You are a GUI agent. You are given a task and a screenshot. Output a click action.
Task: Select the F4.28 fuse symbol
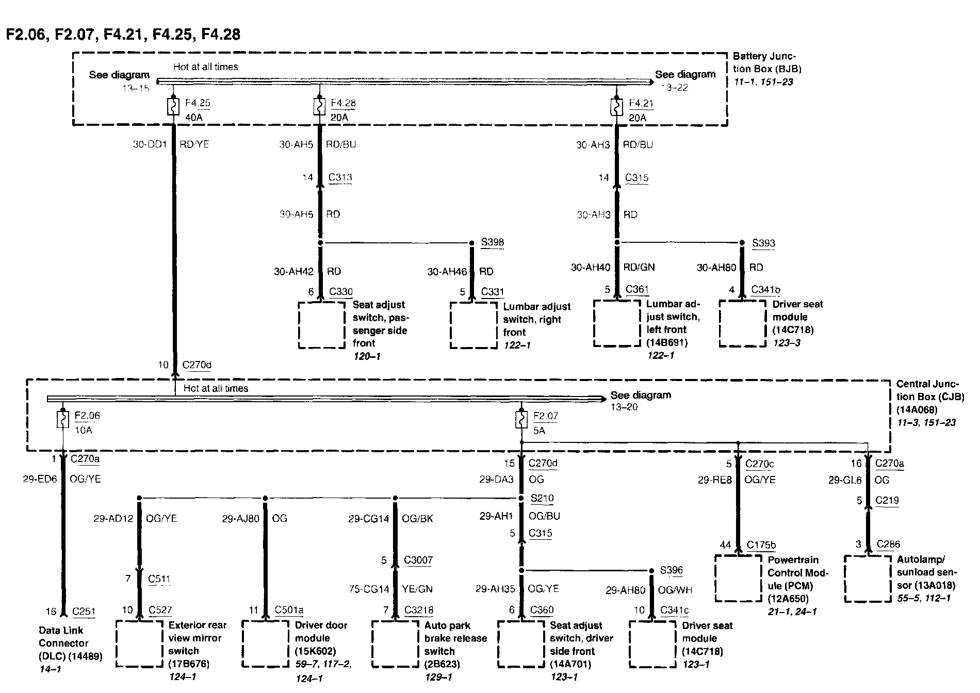point(320,107)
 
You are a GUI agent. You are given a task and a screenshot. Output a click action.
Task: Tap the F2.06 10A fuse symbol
point(63,420)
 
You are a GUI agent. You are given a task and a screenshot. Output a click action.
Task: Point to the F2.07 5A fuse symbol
point(521,420)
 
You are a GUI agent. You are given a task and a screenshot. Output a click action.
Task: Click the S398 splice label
point(493,242)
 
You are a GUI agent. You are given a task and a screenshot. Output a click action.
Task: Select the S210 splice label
point(542,499)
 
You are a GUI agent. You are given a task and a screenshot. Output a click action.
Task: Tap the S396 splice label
point(672,570)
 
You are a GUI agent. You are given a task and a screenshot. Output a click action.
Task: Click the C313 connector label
point(340,177)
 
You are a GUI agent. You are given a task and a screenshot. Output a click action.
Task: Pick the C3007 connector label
point(418,560)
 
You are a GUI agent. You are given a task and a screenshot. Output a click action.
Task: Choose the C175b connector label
point(762,544)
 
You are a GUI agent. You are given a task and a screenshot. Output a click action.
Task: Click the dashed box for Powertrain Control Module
point(738,578)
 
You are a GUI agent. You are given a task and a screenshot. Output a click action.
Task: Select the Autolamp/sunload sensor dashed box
point(868,578)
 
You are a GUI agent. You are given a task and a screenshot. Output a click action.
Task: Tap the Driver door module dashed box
point(265,643)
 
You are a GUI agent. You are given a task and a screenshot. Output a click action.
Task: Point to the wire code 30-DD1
point(150,144)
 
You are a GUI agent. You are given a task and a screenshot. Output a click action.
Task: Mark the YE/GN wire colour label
point(417,589)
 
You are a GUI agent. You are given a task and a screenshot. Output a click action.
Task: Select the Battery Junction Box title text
point(767,62)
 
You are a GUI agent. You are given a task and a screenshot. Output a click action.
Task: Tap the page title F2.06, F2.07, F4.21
point(123,34)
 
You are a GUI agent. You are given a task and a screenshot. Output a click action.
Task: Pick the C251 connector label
point(84,612)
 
